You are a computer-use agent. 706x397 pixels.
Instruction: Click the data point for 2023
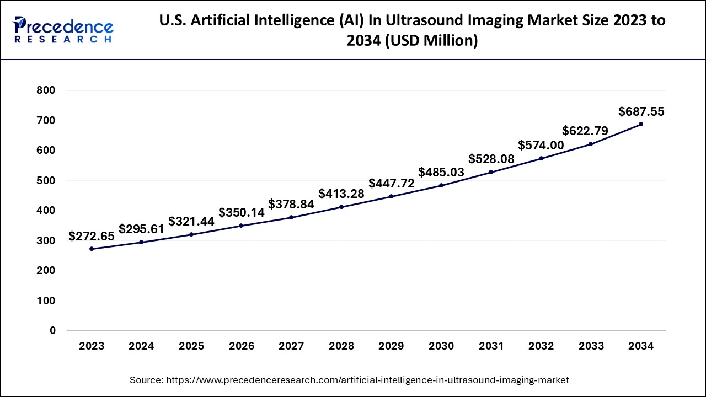pos(92,249)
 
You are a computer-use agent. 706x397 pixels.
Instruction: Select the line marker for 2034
pos(641,124)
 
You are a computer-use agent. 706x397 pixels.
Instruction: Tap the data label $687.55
pos(641,112)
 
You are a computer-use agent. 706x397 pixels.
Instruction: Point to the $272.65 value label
pos(92,236)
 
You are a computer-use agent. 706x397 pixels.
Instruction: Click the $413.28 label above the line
pos(341,194)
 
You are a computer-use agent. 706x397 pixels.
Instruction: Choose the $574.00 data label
pos(541,145)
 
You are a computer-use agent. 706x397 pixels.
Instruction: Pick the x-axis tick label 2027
pos(291,346)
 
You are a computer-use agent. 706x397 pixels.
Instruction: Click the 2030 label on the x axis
pos(441,346)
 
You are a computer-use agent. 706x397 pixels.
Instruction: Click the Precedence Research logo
pos(63,30)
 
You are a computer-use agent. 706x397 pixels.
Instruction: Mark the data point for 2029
pos(391,196)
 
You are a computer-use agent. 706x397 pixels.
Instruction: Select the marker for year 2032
pos(541,158)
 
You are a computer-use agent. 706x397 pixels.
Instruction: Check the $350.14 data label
pos(242,213)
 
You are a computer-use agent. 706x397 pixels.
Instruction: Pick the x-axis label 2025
pos(191,346)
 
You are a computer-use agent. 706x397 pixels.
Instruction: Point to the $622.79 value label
pos(585,131)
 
